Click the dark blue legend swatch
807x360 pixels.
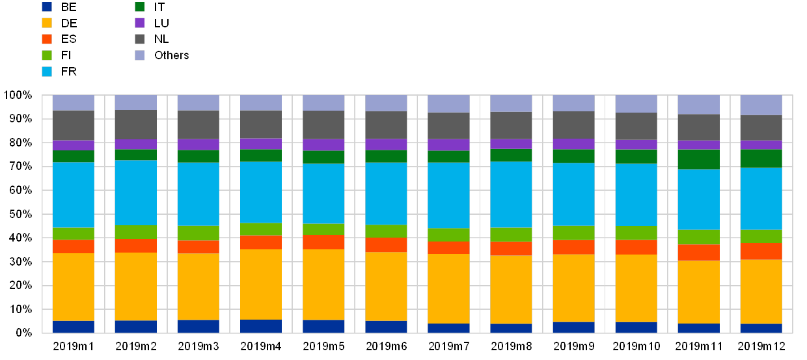pyautogui.click(x=47, y=7)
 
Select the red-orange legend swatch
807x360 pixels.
pyautogui.click(x=47, y=39)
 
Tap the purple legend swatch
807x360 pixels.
pyautogui.click(x=139, y=23)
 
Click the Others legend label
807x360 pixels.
pyautogui.click(x=172, y=55)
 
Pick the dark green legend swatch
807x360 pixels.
pyautogui.click(x=139, y=7)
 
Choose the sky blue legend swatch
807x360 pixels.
pyautogui.click(x=47, y=71)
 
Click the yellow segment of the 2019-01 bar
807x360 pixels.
pyautogui.click(x=74, y=286)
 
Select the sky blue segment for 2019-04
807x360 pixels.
pyautogui.click(x=261, y=192)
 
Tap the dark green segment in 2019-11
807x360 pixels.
pyautogui.click(x=698, y=159)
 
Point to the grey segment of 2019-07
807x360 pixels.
pyautogui.click(x=448, y=126)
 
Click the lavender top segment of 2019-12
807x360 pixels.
pyautogui.click(x=761, y=105)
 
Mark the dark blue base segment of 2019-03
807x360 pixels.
pyautogui.click(x=198, y=326)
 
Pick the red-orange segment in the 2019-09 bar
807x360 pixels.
pyautogui.click(x=573, y=247)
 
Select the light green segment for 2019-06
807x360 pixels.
pyautogui.click(x=386, y=231)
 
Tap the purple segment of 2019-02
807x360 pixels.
pyautogui.click(x=136, y=145)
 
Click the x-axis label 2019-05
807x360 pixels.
pyautogui.click(x=323, y=345)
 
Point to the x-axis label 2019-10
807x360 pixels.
pyautogui.click(x=636, y=345)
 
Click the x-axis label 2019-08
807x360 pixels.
pyautogui.click(x=511, y=345)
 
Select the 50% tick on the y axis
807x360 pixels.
pyautogui.click(x=20, y=214)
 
